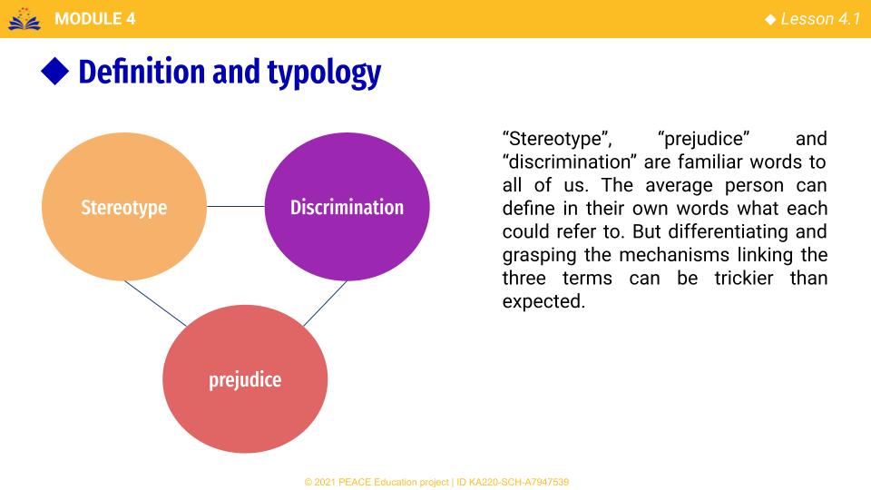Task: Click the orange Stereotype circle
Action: (124, 207)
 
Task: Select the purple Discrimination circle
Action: (347, 207)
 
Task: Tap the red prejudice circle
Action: (245, 379)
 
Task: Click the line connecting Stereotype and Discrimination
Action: (236, 207)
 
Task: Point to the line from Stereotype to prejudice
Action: (155, 303)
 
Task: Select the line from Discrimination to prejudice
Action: (325, 303)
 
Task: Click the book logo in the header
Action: (24, 19)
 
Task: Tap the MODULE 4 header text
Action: (95, 19)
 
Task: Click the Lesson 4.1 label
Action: (820, 19)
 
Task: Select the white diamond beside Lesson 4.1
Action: (770, 19)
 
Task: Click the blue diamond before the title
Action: (55, 71)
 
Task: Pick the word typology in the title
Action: (325, 73)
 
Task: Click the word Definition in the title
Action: (142, 72)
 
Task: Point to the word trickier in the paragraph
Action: (744, 278)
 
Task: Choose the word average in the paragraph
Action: (679, 185)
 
